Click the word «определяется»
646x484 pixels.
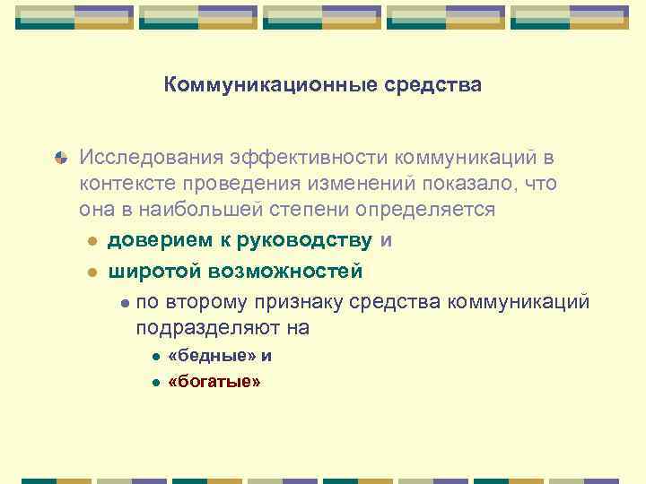coord(425,210)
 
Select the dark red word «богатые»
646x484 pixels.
coord(214,382)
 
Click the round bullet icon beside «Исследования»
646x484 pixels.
coord(60,159)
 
